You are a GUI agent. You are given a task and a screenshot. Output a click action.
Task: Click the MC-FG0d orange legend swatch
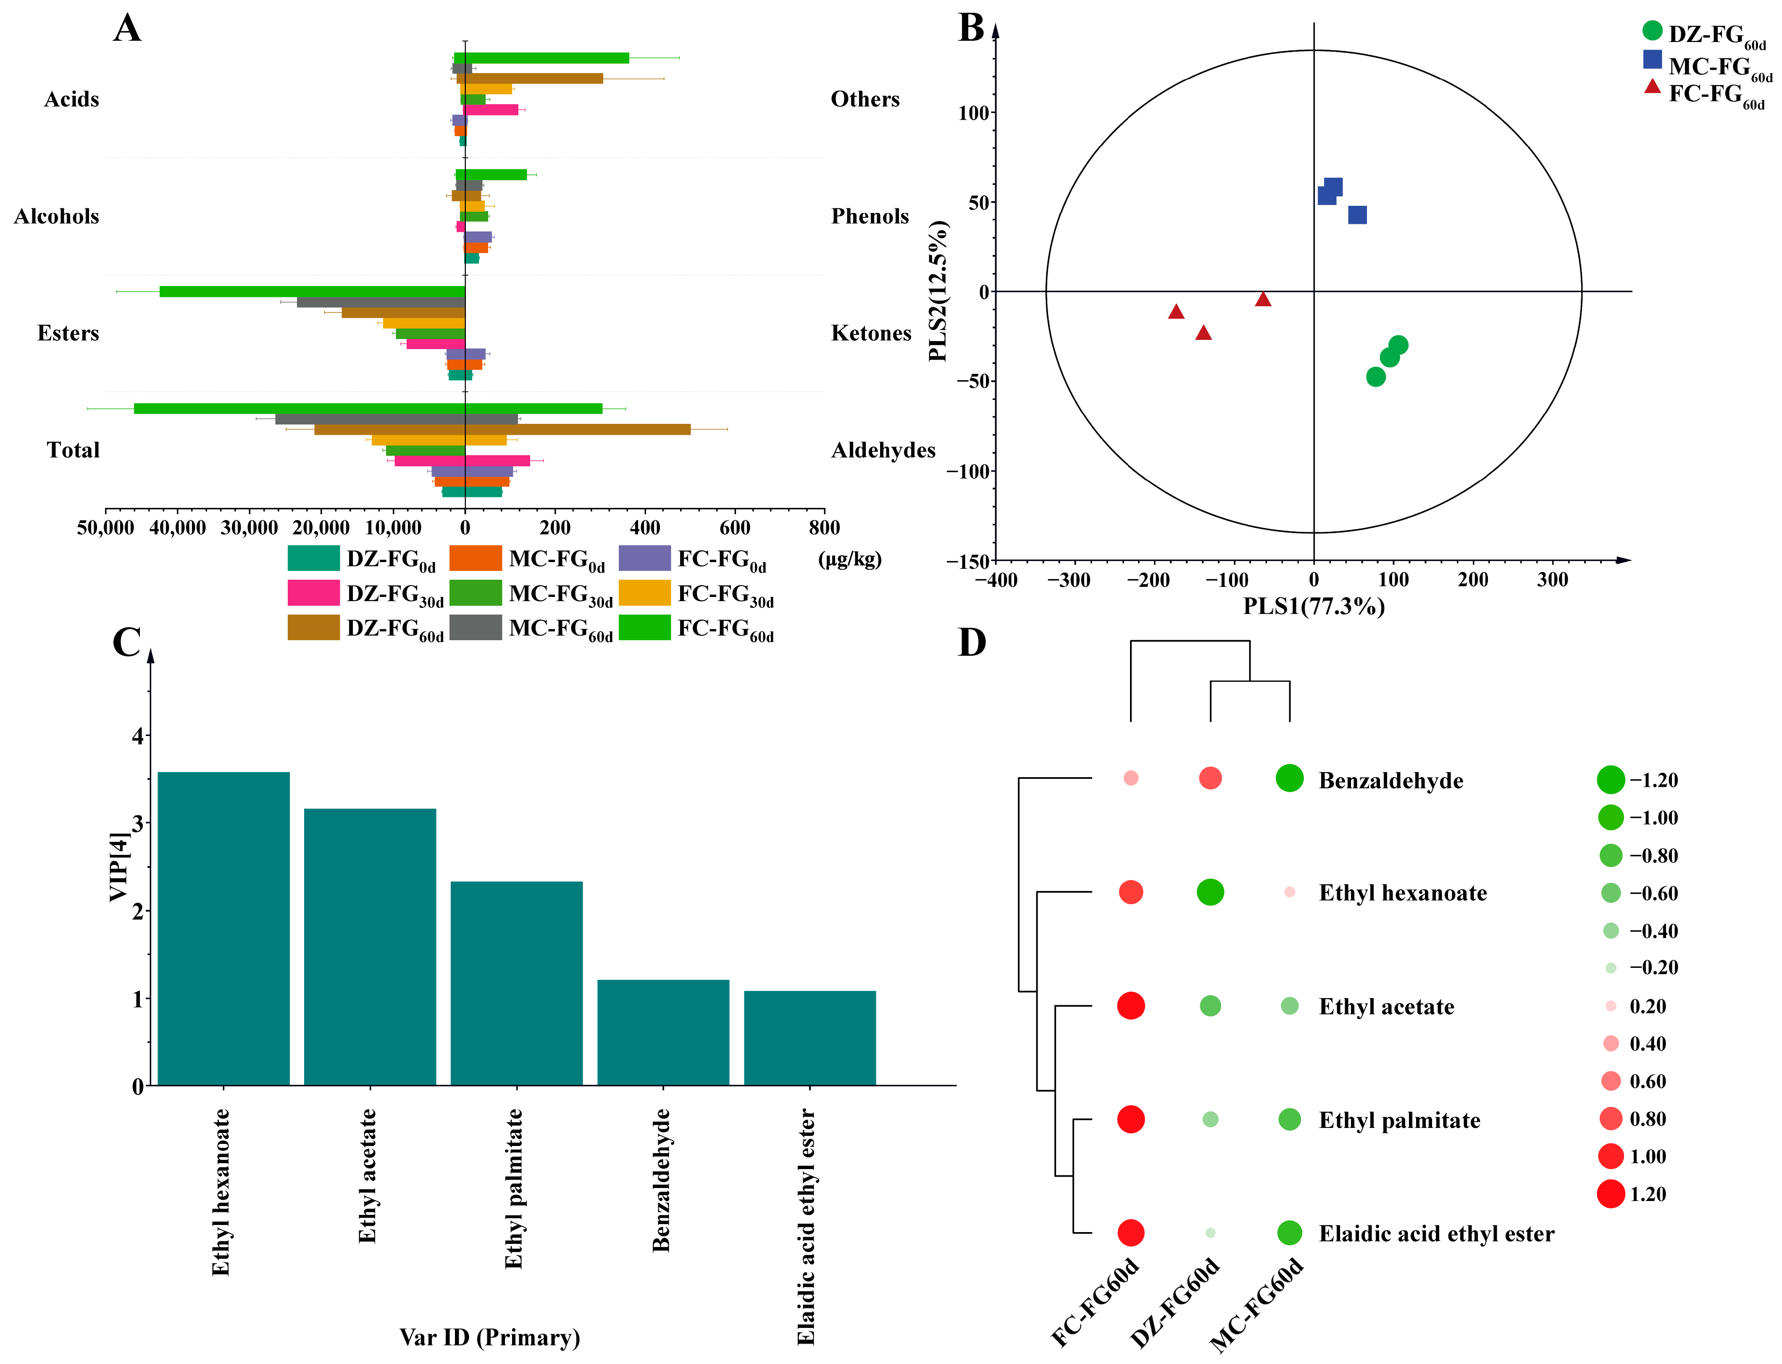coord(475,559)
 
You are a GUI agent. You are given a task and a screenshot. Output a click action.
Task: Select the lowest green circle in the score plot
coord(1375,377)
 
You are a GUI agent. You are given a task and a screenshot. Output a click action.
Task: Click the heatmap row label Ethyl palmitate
coord(1399,1120)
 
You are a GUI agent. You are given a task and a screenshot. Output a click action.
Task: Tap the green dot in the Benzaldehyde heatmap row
coord(1289,778)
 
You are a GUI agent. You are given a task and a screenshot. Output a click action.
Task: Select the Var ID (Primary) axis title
coord(489,1337)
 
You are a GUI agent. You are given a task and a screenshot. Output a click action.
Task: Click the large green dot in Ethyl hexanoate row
coord(1210,892)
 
